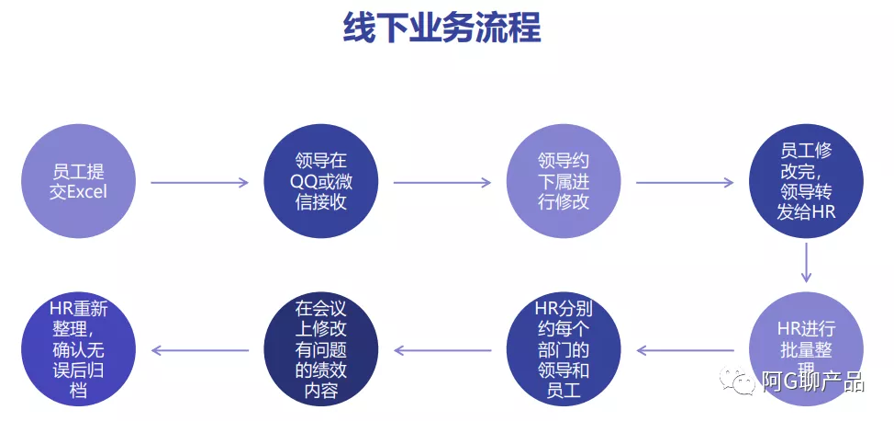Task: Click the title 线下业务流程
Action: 441,28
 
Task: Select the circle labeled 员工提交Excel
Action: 79,182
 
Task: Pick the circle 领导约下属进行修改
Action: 564,182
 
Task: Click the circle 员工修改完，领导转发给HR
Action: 807,182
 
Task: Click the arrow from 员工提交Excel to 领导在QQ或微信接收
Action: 199,182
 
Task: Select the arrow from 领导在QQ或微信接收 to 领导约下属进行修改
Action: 441,182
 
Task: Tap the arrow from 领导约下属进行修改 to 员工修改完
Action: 685,182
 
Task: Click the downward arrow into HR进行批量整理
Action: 807,262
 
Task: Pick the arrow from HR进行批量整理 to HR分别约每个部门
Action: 685,349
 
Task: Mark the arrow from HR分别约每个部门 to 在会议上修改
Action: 441,349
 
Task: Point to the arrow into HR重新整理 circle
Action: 199,349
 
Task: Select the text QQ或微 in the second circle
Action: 320,181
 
